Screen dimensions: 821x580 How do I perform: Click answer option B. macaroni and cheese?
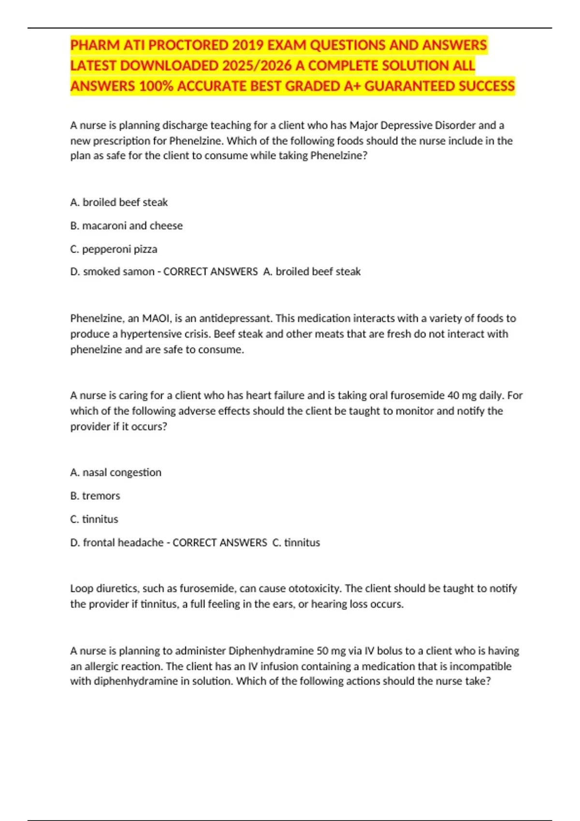tap(127, 226)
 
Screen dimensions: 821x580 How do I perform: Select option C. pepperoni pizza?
tap(114, 249)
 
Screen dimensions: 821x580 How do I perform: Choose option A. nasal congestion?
tap(116, 472)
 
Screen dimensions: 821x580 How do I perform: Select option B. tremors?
tap(95, 495)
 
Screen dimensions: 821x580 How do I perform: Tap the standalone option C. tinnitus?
tap(94, 519)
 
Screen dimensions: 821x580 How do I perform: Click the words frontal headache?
tap(123, 542)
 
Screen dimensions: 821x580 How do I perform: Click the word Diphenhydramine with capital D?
tap(271, 651)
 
